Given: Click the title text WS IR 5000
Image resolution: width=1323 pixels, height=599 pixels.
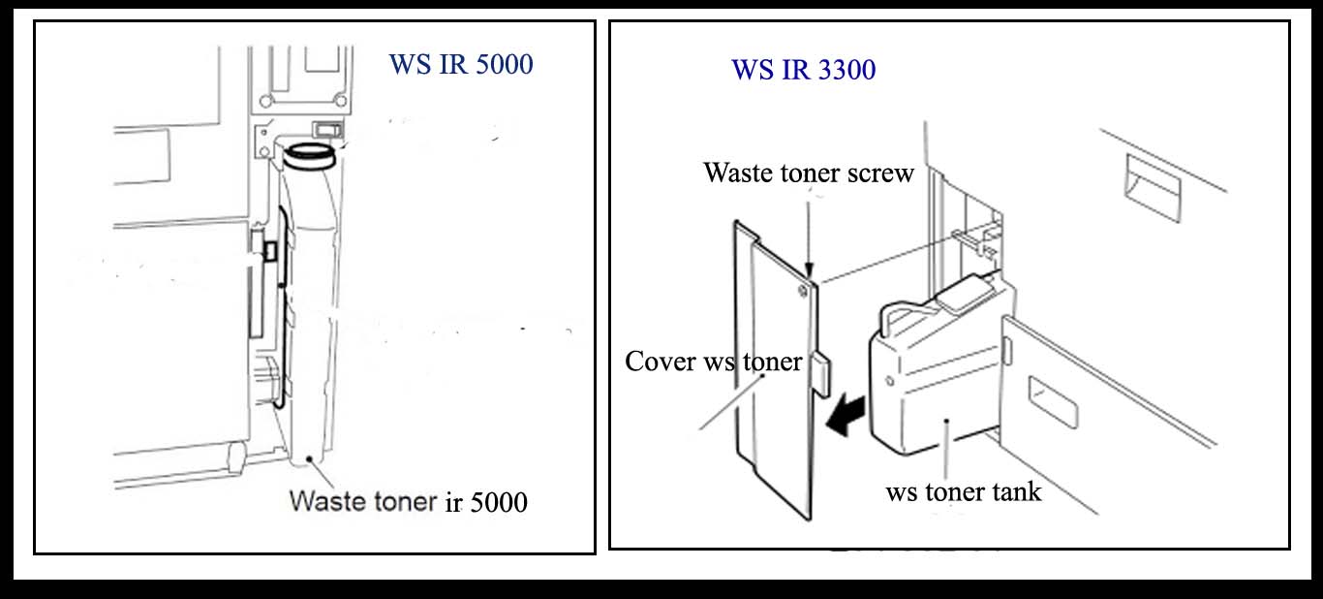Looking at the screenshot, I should point(460,65).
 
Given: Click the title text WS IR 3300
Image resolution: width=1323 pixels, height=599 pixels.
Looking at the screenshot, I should point(803,70).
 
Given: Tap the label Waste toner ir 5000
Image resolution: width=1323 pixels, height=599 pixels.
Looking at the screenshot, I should point(409,502).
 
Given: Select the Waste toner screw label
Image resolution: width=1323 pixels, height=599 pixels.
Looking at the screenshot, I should point(809,173).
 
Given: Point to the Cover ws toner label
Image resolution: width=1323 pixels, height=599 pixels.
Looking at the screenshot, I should point(713,362).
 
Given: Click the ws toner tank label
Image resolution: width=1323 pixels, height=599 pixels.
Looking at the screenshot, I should point(964,491).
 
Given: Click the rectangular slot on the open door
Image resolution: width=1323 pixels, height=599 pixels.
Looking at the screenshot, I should point(1053,403).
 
